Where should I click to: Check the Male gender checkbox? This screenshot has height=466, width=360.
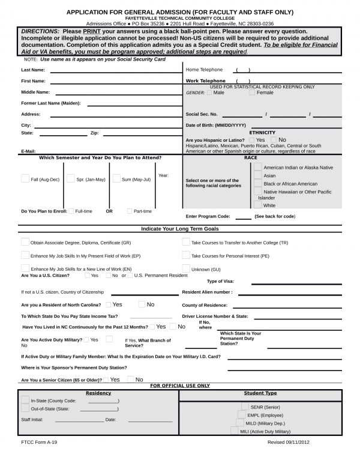(209, 92)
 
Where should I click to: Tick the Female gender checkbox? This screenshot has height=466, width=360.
(253, 92)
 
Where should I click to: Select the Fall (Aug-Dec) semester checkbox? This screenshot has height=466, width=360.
(25, 178)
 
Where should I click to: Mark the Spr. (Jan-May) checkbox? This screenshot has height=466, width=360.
(71, 178)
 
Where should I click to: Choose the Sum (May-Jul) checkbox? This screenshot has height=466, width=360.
(116, 178)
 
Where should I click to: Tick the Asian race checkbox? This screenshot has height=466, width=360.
(257, 175)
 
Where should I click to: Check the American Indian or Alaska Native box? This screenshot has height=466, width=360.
(257, 167)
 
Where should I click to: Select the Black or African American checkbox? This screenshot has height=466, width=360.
(257, 183)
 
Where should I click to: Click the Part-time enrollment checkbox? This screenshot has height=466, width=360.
(130, 211)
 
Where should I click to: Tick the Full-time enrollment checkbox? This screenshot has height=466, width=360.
(71, 211)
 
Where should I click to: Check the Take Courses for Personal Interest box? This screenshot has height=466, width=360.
(186, 255)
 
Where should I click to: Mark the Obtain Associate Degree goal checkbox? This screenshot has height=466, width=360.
(25, 242)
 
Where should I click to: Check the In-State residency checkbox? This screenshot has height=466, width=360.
(25, 400)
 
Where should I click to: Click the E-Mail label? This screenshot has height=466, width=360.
(28, 151)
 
